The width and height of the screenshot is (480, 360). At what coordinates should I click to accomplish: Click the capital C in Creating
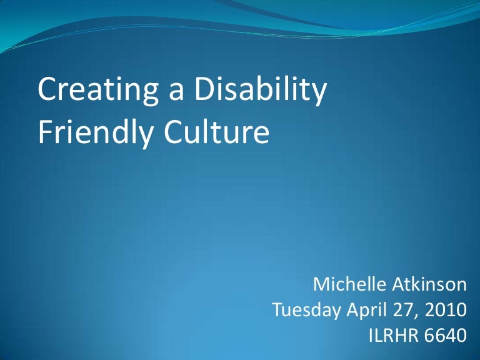(46, 91)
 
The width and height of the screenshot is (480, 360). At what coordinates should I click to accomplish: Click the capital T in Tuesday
(279, 310)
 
